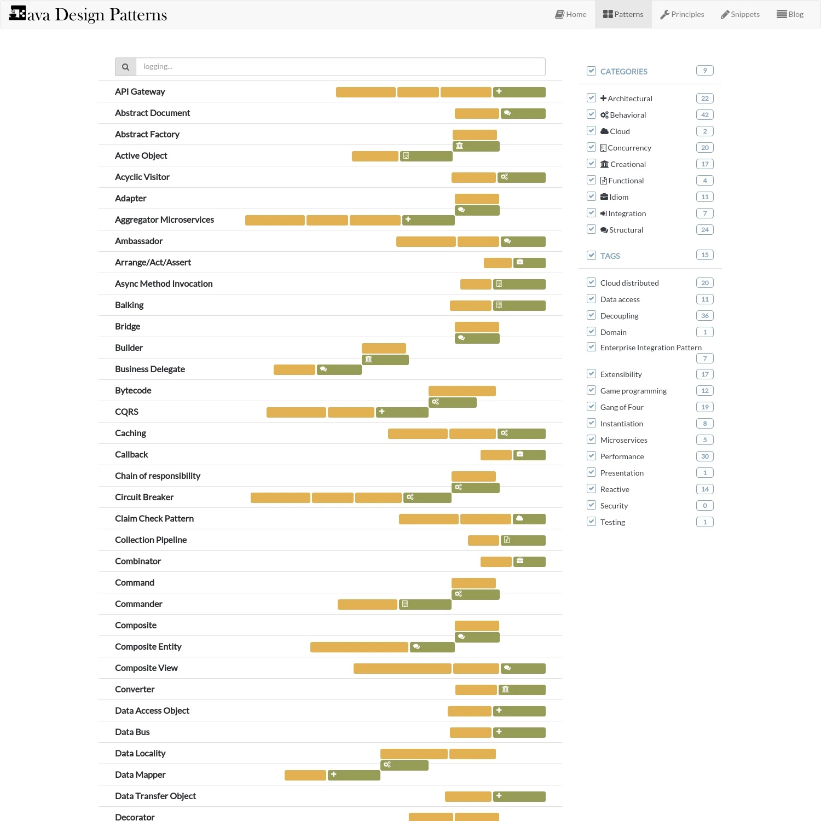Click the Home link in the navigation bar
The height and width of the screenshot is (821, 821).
pos(571,14)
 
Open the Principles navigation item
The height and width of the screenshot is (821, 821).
pos(682,14)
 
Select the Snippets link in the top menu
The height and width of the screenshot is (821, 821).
pos(740,14)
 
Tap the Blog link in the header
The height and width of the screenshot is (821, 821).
pos(790,14)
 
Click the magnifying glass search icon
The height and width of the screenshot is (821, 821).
pos(125,67)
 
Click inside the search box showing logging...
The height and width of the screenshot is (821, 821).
pos(340,67)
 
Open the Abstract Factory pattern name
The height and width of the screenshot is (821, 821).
pos(147,134)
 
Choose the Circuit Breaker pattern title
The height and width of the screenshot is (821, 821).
pos(144,497)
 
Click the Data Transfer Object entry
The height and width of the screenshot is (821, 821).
pos(155,796)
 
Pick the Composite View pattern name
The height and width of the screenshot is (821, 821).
pos(146,668)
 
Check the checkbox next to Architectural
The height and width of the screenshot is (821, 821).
pos(591,98)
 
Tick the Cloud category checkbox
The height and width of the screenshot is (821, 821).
pos(591,131)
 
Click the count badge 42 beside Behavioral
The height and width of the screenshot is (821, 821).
pos(705,115)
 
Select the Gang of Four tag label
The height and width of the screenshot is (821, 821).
pos(622,407)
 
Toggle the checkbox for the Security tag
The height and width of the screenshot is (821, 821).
pos(591,505)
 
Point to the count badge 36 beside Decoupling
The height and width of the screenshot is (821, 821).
pos(705,316)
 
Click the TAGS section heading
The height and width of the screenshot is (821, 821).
pos(610,256)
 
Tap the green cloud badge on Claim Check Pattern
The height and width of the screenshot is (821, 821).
pos(529,519)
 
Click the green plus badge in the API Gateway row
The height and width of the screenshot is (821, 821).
pos(519,92)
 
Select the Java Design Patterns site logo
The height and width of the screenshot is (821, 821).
pos(88,14)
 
